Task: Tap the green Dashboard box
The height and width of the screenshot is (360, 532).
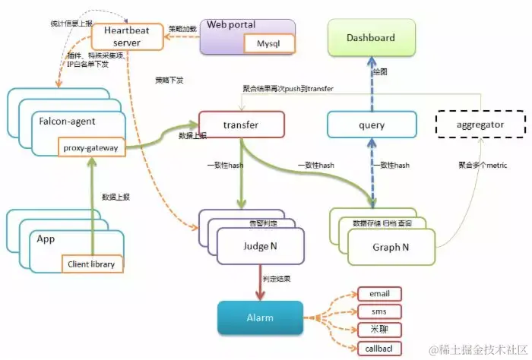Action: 371,38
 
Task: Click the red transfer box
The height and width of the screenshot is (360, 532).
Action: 241,125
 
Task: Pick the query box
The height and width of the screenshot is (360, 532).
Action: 372,125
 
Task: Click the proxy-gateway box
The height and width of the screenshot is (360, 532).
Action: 91,148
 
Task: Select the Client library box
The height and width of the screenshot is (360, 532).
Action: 91,264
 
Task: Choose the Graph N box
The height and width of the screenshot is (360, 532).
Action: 391,247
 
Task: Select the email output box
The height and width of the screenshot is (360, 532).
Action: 379,293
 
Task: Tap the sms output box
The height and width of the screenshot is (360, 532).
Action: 379,312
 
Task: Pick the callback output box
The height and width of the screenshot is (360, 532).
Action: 379,349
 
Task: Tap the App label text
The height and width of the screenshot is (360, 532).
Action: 47,238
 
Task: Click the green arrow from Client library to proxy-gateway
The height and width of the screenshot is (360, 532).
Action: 91,205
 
